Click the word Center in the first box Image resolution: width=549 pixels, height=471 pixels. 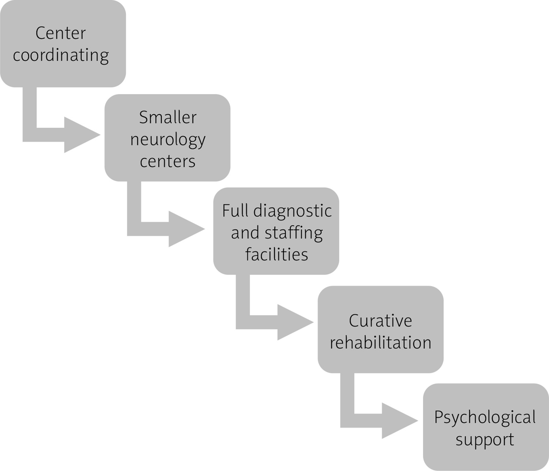point(60,33)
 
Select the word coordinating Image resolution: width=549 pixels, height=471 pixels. point(61,56)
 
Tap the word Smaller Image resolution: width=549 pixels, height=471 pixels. point(168,117)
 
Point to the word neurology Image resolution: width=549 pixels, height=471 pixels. point(168,140)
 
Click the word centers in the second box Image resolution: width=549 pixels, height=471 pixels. point(168,161)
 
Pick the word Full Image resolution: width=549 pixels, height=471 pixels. point(235,211)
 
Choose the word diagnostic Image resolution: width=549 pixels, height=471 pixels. point(292,211)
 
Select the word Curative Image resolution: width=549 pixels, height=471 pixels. point(380,321)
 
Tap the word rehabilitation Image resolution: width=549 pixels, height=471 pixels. point(380,343)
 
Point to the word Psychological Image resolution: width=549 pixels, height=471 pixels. point(485,418)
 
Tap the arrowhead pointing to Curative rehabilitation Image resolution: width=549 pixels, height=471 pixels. point(294,322)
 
